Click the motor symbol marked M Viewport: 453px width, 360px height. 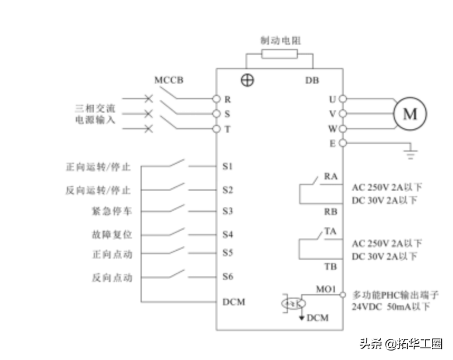[x=410, y=114]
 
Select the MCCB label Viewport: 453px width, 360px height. [x=168, y=80]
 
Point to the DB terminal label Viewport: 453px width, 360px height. [x=312, y=80]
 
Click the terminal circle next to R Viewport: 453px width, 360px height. [x=217, y=99]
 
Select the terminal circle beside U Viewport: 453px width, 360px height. [x=343, y=99]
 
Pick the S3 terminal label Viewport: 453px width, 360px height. [x=227, y=211]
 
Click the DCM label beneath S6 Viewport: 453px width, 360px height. [x=233, y=302]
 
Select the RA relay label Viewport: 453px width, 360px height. [x=331, y=177]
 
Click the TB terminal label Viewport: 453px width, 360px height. [x=331, y=266]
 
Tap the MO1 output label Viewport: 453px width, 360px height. [x=325, y=289]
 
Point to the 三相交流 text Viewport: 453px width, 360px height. [x=95, y=108]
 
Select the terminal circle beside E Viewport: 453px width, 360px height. [x=343, y=143]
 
